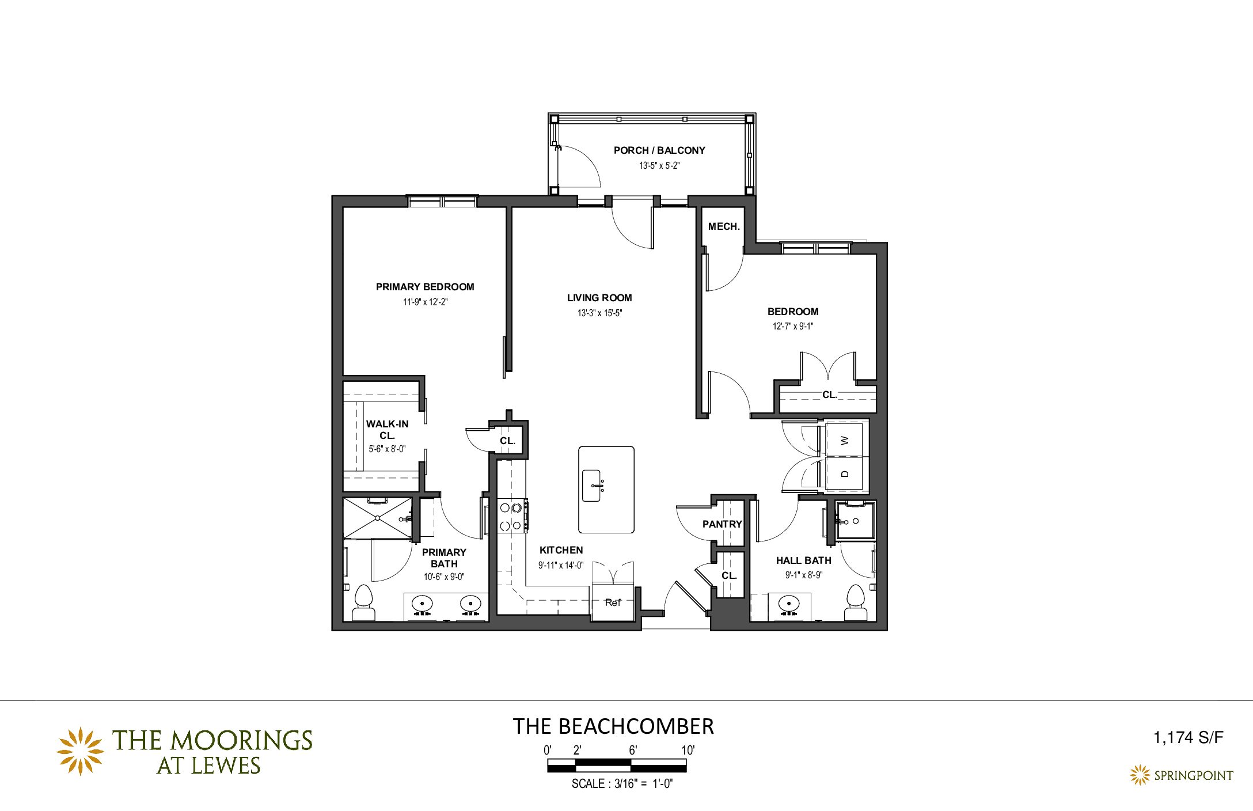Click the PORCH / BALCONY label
[x=659, y=150]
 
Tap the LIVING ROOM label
[x=599, y=298]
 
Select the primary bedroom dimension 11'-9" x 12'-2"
[x=425, y=302]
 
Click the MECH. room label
[x=724, y=227]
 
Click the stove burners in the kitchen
[x=512, y=516]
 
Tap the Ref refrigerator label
[x=613, y=602]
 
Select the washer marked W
[x=844, y=440]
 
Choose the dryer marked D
[x=844, y=473]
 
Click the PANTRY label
[x=722, y=524]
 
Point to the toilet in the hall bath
[x=856, y=602]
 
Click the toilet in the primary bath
[x=363, y=602]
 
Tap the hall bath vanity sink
[x=788, y=604]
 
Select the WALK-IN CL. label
[x=387, y=430]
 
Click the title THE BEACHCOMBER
[x=613, y=727]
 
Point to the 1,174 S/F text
[x=1188, y=738]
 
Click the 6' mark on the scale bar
[x=633, y=751]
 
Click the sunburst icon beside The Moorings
[x=79, y=751]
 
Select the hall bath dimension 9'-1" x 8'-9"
[x=804, y=575]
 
